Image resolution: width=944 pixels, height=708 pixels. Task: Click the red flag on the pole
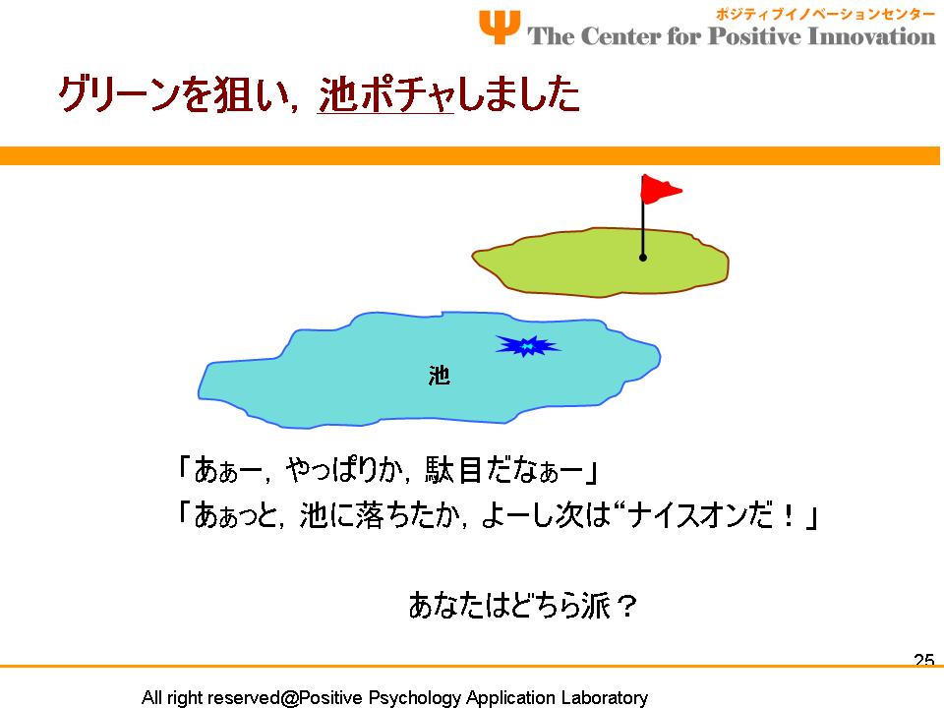[660, 189]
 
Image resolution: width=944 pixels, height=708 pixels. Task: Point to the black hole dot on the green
[643, 258]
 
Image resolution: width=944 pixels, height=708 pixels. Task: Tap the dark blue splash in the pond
[527, 345]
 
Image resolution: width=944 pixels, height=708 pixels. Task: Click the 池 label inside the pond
[440, 375]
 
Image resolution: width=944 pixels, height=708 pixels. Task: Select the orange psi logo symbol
[500, 27]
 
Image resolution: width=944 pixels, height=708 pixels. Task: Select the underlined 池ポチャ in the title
[385, 94]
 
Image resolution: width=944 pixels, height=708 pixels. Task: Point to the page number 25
[924, 661]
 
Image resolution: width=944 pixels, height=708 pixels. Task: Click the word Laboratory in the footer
[605, 698]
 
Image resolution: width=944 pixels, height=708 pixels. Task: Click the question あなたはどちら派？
[522, 605]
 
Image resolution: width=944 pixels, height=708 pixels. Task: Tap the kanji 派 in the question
[597, 605]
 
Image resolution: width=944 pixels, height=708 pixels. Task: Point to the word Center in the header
[620, 35]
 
